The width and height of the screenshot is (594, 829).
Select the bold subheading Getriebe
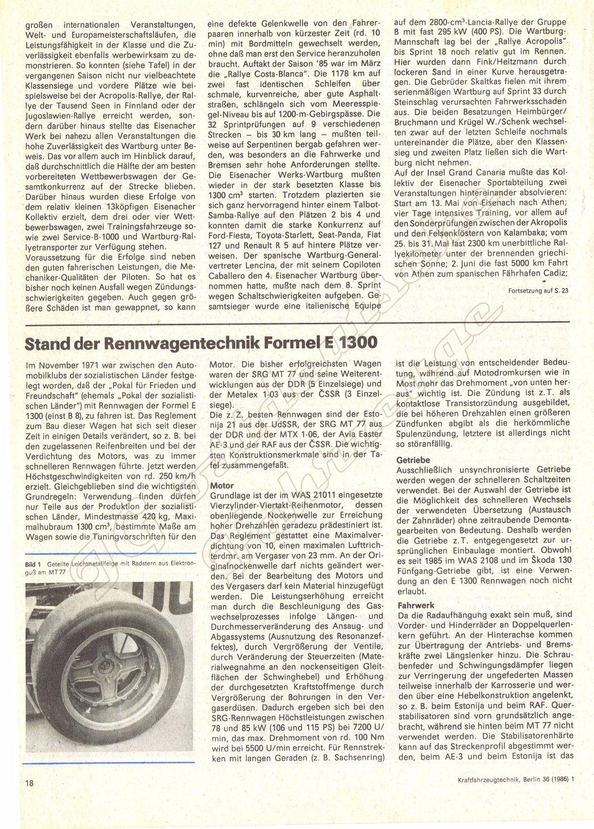pos(413,460)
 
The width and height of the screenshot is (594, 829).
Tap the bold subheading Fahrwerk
pos(415,605)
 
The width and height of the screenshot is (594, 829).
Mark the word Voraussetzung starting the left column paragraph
pos(49,257)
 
